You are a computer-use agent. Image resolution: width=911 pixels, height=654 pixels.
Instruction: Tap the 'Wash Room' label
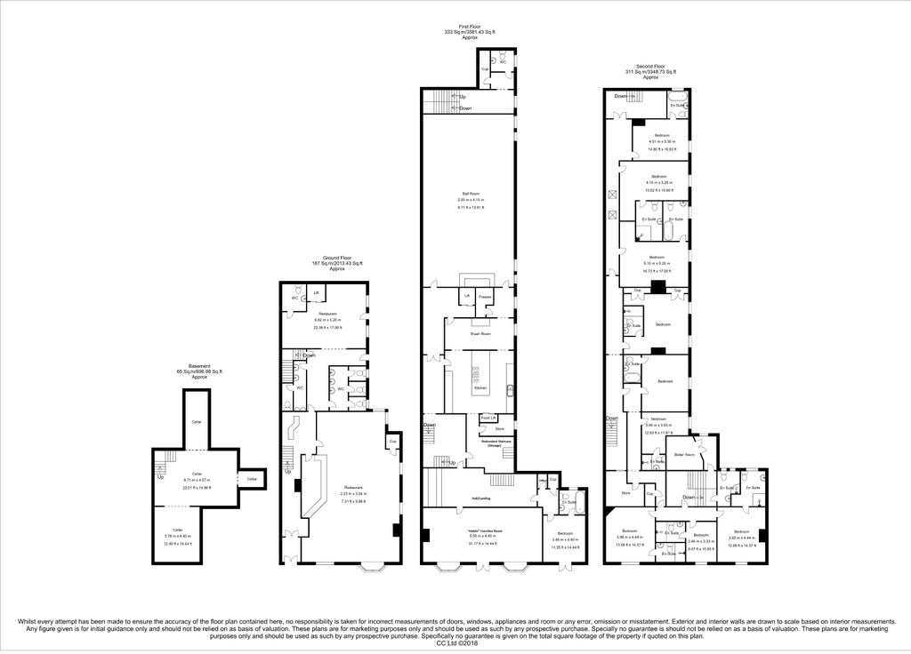click(480, 333)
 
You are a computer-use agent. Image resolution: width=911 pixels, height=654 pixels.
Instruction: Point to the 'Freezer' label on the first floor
click(485, 296)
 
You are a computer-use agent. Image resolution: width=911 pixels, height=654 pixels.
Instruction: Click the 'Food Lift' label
click(488, 418)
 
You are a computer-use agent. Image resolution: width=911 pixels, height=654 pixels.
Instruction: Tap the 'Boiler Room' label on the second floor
click(683, 453)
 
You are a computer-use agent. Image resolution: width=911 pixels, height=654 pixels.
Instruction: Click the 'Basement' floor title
click(198, 365)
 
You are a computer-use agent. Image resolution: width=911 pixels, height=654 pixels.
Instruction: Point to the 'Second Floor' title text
click(650, 67)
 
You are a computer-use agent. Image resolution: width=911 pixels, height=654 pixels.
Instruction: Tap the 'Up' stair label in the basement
click(161, 477)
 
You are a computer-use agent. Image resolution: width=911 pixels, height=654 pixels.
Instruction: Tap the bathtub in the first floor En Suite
click(567, 514)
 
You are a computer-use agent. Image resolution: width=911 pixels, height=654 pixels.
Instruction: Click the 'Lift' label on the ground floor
click(317, 291)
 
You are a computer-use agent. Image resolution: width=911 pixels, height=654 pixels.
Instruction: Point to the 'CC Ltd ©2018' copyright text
click(455, 642)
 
